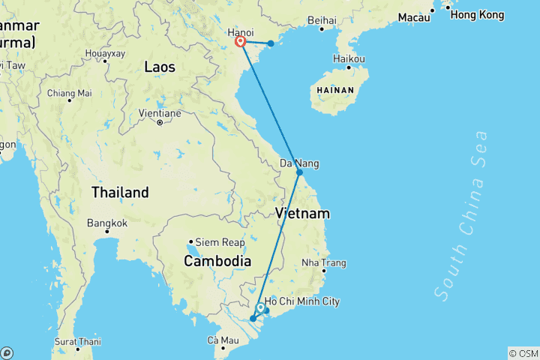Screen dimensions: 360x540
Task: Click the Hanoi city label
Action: [x=240, y=33]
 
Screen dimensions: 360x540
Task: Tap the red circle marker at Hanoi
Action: [x=241, y=43]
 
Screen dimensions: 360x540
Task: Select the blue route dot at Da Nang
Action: [x=299, y=172]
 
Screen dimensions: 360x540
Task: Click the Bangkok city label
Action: [x=107, y=223]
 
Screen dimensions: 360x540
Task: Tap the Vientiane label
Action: [x=160, y=113]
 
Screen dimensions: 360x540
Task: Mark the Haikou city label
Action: [x=349, y=58]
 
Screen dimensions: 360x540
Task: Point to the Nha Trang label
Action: [x=324, y=262]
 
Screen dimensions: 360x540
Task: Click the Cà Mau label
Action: [x=223, y=341]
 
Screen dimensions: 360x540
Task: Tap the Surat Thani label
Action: [x=78, y=341]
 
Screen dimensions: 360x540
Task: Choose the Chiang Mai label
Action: [x=69, y=93]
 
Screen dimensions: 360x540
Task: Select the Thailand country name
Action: [x=120, y=193]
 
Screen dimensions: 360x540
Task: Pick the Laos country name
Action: [x=160, y=67]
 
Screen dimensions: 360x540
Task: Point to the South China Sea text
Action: [x=460, y=216]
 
